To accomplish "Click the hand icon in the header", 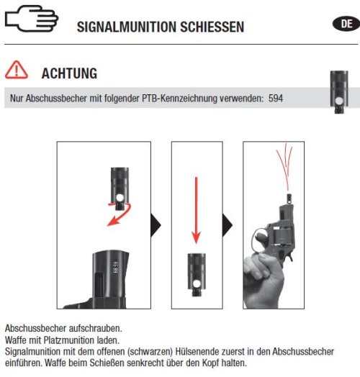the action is point(31,19).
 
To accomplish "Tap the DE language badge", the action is point(346,24).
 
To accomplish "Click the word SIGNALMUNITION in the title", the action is point(127,27).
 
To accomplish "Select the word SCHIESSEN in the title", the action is point(212,27).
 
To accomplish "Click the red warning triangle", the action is point(17,70).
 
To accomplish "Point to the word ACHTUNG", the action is point(69,73).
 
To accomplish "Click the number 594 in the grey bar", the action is point(276,99).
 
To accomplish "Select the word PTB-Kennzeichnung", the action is point(179,99).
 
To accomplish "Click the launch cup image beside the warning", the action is point(339,92).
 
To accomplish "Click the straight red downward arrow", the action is point(197,210).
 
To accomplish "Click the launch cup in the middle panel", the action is point(197,275).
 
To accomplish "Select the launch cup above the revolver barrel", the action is point(289,199).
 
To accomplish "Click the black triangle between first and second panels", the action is point(156,225).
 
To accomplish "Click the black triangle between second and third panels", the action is point(228,225).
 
